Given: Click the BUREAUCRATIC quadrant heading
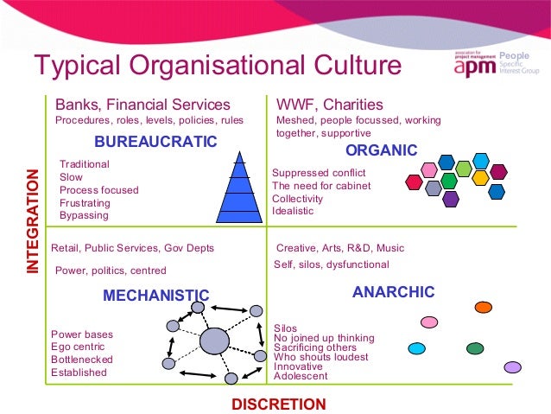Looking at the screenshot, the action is tap(155, 141).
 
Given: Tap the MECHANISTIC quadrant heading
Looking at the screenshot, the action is tap(155, 296).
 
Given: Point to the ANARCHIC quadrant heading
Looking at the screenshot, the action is tap(393, 292).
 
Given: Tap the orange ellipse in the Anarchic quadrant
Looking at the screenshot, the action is tap(484, 307).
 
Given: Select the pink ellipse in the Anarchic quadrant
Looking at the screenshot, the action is tap(429, 322).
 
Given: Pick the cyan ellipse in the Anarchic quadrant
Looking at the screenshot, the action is tap(417, 349).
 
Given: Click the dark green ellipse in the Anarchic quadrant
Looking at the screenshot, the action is tap(474, 348).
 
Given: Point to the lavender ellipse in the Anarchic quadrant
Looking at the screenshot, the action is tap(513, 367).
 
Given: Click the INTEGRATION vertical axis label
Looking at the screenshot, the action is tap(33, 223).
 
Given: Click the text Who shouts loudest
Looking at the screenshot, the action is tap(320, 357).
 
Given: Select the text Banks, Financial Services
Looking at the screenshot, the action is tap(142, 105).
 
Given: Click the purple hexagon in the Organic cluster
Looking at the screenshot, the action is tap(450, 199).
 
